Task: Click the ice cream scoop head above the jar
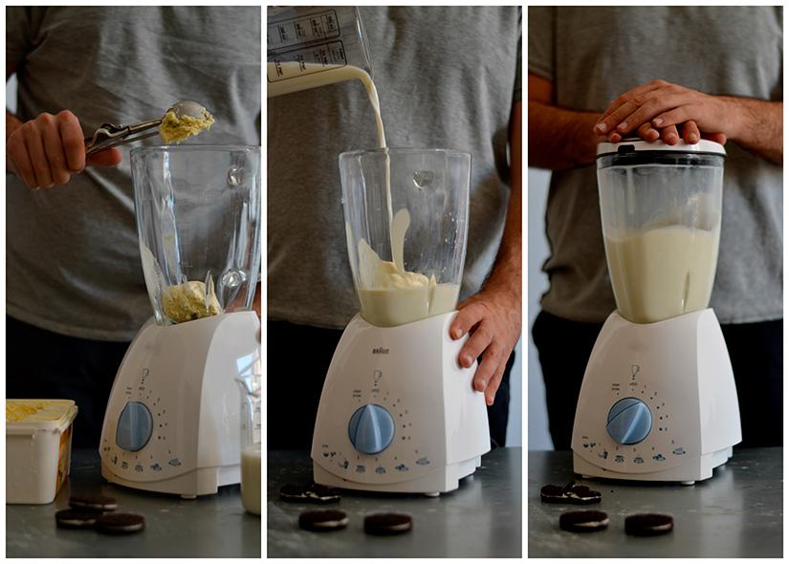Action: coord(186,121)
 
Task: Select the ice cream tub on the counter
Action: coord(40,450)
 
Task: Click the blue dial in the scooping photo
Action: coord(134,426)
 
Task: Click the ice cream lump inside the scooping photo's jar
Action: coord(189,301)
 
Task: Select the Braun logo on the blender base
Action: coord(381,351)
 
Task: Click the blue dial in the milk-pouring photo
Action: coord(371,428)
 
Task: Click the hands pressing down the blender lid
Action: coord(660,110)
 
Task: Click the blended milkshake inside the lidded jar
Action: coord(660,272)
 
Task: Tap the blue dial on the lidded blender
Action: coord(628,421)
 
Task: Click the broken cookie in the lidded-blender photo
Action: coord(570,493)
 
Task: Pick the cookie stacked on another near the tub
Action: coord(93,502)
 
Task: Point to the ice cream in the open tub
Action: coord(38,410)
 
